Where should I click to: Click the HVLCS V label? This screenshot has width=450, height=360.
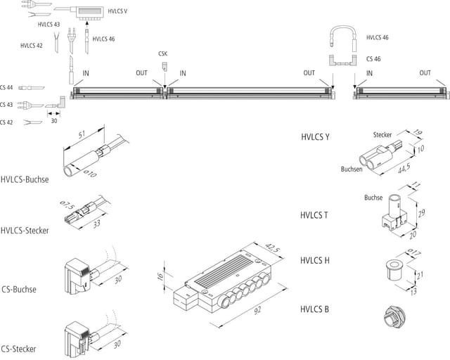(x=117, y=11)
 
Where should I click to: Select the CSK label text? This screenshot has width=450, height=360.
(x=162, y=53)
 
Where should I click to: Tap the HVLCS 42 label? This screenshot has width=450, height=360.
(x=32, y=46)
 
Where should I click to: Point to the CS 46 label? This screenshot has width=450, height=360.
(x=373, y=59)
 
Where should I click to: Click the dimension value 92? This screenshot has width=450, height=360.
(x=257, y=310)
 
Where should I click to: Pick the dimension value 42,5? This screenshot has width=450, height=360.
(x=271, y=247)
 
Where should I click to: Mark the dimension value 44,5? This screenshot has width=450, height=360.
(x=404, y=168)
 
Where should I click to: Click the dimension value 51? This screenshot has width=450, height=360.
(x=82, y=134)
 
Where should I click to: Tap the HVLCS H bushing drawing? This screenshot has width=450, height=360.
(x=394, y=270)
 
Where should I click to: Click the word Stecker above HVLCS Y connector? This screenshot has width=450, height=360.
(x=382, y=134)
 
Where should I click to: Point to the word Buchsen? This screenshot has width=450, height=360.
(x=352, y=169)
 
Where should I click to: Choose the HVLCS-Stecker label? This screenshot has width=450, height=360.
(x=25, y=231)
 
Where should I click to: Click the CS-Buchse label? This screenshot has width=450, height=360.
(x=19, y=289)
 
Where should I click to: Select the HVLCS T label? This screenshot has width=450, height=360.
(x=314, y=215)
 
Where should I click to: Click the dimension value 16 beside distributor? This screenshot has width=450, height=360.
(x=160, y=276)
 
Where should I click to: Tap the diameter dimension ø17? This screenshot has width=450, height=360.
(x=414, y=252)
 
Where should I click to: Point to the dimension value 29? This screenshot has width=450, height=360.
(x=421, y=213)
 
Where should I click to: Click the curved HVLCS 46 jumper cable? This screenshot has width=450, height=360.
(x=343, y=27)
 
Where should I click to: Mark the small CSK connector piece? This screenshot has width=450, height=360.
(x=165, y=66)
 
